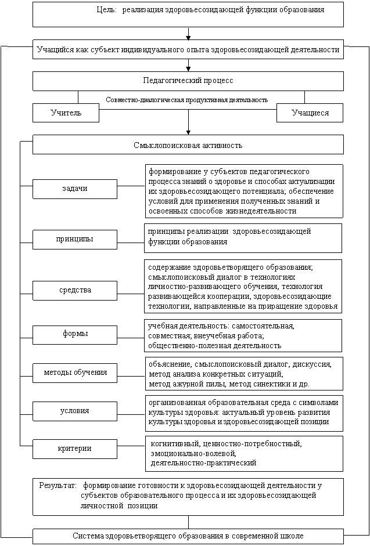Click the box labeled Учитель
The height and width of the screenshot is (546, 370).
[x=66, y=113]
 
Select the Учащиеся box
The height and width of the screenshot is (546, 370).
[x=310, y=113]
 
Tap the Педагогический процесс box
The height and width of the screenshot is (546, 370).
[x=188, y=81]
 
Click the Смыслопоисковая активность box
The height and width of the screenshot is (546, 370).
[x=188, y=144]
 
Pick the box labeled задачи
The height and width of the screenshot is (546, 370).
[x=75, y=189]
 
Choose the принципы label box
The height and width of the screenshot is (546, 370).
[x=75, y=239]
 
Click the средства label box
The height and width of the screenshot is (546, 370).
[x=75, y=290]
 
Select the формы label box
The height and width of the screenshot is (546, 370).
[x=75, y=334]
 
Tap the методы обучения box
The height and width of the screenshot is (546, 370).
[x=75, y=372]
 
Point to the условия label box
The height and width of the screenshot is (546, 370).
[x=75, y=411]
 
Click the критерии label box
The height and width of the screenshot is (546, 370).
[x=75, y=449]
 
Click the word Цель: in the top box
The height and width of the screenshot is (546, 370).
[x=107, y=10]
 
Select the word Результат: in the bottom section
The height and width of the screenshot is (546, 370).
[x=58, y=484]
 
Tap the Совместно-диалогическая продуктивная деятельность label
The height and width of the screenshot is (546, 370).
[x=187, y=100]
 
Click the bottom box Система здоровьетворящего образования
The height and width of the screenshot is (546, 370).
[x=188, y=536]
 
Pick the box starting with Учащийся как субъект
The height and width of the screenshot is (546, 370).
[x=188, y=50]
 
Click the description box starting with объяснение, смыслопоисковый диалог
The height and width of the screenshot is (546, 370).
[x=243, y=374]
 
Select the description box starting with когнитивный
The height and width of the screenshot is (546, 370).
[x=243, y=453]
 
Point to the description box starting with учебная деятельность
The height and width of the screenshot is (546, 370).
[x=243, y=335]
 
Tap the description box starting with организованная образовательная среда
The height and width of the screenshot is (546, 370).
[x=243, y=412]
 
